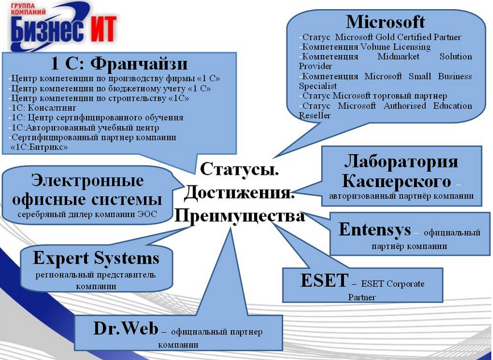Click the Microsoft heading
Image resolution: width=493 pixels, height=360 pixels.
click(x=386, y=22)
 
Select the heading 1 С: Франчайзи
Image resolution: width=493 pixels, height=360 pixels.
click(x=119, y=64)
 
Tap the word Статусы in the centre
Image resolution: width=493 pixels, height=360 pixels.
click(x=239, y=169)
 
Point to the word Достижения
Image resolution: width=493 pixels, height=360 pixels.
click(x=239, y=193)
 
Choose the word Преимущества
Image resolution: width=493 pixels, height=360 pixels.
click(x=239, y=216)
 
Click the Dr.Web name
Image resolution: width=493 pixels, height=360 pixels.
click(x=126, y=329)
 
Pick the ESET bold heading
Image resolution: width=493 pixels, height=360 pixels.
click(x=325, y=280)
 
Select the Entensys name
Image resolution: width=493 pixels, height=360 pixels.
click(x=375, y=229)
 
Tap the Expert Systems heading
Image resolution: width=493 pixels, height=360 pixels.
click(x=96, y=258)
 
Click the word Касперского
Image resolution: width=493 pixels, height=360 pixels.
click(x=396, y=181)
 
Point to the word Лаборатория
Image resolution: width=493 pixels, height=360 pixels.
click(x=401, y=162)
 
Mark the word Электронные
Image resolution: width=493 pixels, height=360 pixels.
click(x=88, y=180)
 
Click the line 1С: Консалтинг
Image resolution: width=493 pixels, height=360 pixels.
click(x=43, y=108)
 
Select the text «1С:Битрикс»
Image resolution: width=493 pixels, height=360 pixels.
click(x=39, y=147)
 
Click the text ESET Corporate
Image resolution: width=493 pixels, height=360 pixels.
click(x=393, y=284)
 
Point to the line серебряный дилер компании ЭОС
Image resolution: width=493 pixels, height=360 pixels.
click(x=87, y=214)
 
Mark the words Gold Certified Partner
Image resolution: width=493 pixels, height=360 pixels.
click(x=418, y=37)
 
